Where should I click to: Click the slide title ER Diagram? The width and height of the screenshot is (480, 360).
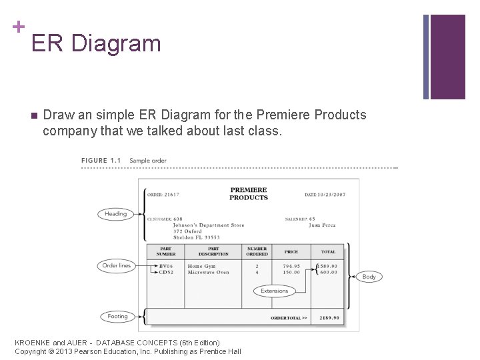96,43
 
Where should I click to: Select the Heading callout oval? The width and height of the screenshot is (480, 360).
115,214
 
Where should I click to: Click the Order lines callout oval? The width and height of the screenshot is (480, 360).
116,265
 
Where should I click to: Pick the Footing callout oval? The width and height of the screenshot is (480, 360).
117,317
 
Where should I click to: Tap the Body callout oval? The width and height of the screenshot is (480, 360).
369,276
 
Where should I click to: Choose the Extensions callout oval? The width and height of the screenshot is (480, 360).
274,291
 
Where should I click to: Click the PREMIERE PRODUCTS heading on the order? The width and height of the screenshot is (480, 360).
248,194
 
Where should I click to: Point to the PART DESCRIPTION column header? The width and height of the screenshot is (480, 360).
213,251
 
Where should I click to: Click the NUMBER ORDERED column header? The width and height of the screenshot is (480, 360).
257,251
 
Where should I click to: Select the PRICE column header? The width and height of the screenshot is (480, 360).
291,252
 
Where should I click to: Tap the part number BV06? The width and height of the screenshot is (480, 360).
165,266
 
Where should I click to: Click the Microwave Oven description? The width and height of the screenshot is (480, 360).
208,273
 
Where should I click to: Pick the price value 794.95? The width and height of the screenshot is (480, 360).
291,266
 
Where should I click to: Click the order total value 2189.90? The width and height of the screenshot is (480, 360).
329,318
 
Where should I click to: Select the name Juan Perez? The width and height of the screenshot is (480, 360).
322,225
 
